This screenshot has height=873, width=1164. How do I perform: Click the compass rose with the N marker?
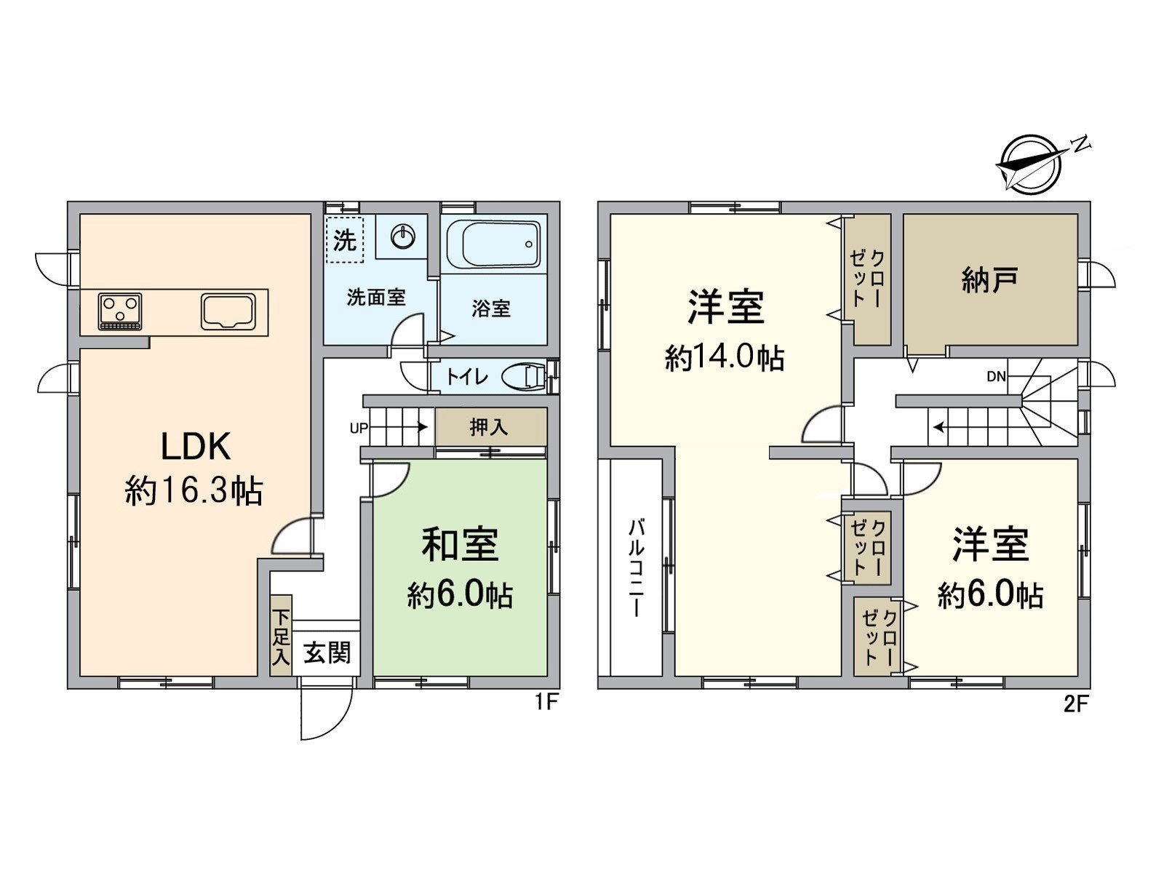pyautogui.click(x=1030, y=164)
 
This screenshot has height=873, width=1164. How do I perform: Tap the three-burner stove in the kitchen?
pyautogui.click(x=120, y=311)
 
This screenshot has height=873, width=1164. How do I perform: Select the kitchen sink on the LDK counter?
pyautogui.click(x=228, y=311)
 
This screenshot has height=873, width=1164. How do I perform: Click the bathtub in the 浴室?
pyautogui.click(x=493, y=244)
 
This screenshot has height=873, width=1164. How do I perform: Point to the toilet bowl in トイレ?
pyautogui.click(x=526, y=376)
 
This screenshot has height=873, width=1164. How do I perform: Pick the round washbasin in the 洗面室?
pyautogui.click(x=402, y=235)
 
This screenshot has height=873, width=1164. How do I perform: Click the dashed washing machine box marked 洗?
pyautogui.click(x=344, y=238)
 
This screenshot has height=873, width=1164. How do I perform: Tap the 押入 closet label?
pyautogui.click(x=488, y=427)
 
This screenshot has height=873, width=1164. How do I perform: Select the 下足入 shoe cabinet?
pyautogui.click(x=280, y=636)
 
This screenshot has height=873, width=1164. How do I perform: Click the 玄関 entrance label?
pyautogui.click(x=327, y=653)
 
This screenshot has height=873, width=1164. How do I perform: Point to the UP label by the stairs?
pyautogui.click(x=359, y=428)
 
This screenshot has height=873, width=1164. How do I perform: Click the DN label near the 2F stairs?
pyautogui.click(x=996, y=376)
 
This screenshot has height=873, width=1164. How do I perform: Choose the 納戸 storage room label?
pyautogui.click(x=989, y=279)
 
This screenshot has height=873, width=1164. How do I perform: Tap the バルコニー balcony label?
pyautogui.click(x=636, y=567)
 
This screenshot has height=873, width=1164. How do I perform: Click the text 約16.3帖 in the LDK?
pyautogui.click(x=194, y=492)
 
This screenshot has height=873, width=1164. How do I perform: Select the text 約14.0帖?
pyautogui.click(x=724, y=358)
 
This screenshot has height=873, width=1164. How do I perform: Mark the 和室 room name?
pyautogui.click(x=460, y=544)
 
